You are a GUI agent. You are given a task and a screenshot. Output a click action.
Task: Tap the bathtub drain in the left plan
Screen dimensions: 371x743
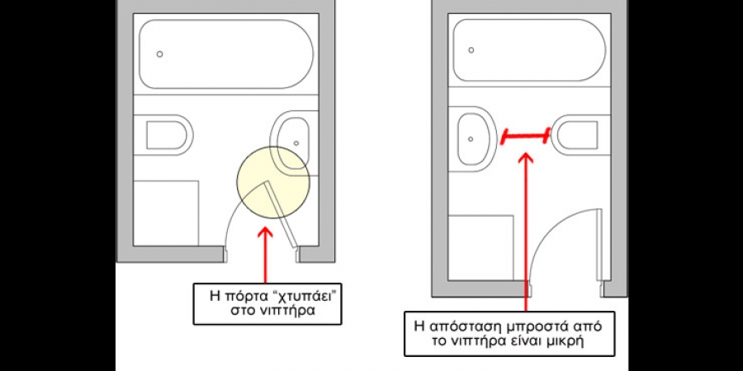[159, 54]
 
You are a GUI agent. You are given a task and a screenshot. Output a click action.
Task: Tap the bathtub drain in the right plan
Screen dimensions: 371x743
[471, 50]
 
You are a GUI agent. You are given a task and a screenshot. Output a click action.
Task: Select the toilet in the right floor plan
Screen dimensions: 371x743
[578, 134]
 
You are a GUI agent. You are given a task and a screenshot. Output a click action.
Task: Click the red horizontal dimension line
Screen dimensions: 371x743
[525, 135]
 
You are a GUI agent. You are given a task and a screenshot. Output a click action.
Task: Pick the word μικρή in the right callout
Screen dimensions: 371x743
[566, 342]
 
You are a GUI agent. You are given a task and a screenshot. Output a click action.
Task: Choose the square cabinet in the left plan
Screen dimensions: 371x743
[166, 213]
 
